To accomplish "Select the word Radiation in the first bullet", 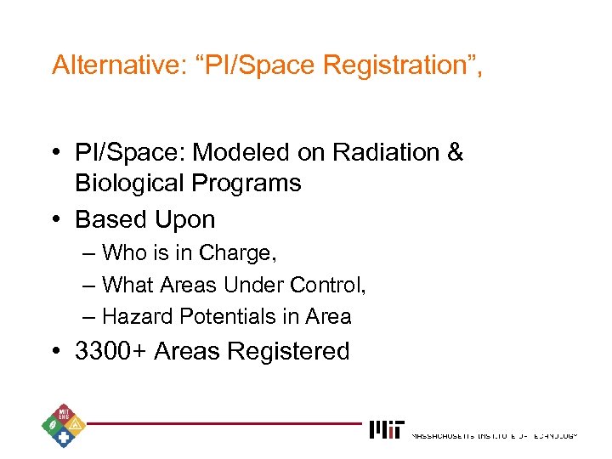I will tap(377, 153).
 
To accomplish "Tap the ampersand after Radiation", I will tap(454, 153).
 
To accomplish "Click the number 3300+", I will tap(111, 351).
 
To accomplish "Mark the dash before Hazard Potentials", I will tap(90, 316).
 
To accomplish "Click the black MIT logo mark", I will tap(387, 430).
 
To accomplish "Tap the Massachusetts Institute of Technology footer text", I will tap(494, 435).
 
